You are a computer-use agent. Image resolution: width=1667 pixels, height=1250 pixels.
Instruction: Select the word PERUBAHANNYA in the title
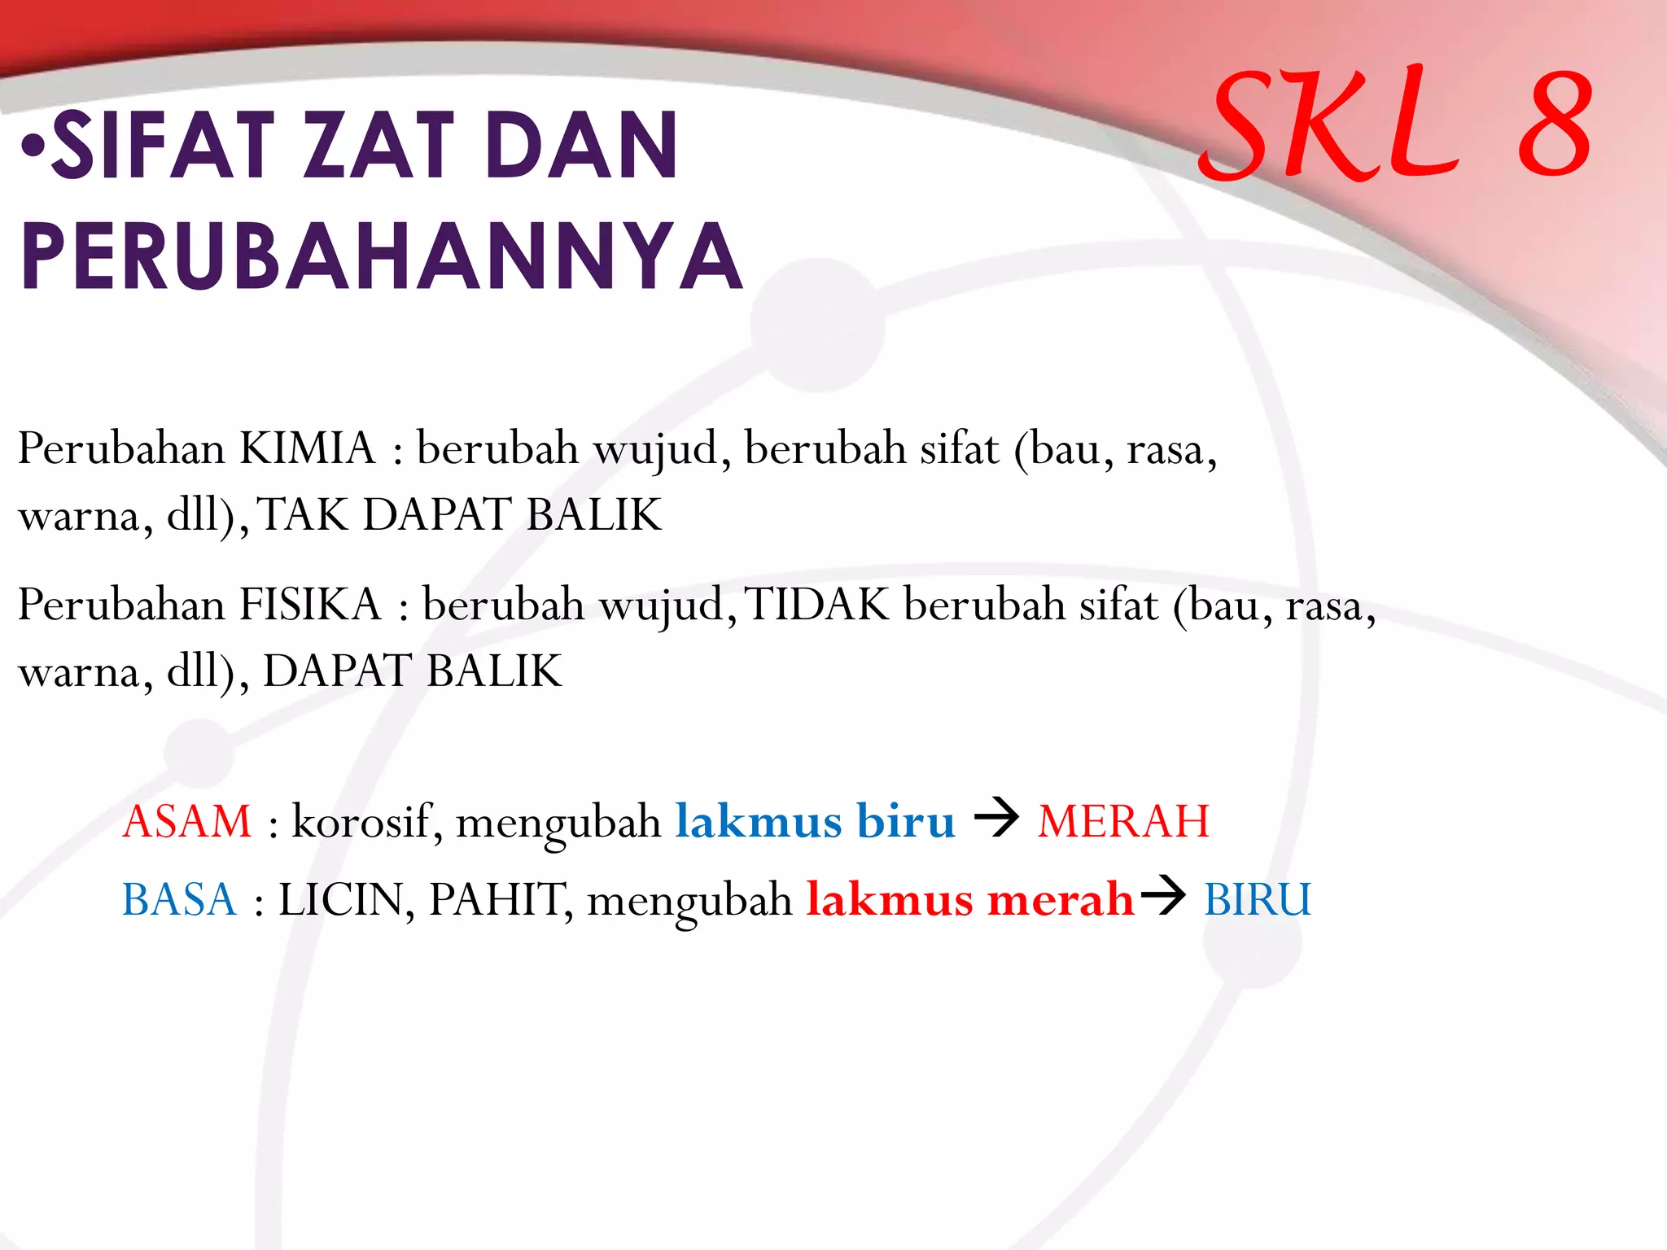point(381,256)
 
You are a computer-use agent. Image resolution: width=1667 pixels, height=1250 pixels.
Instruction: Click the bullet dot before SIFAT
point(33,148)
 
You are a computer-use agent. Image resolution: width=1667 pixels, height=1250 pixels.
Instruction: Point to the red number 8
point(1555,124)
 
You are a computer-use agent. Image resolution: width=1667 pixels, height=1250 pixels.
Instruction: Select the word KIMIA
point(307,448)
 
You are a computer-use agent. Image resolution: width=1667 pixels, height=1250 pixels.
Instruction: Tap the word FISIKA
point(310,605)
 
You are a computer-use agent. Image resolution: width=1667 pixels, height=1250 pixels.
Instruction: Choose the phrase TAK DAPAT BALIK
point(460,514)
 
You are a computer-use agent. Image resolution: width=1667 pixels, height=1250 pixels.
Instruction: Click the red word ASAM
point(187,820)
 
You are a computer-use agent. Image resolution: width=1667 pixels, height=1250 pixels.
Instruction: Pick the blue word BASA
point(179,899)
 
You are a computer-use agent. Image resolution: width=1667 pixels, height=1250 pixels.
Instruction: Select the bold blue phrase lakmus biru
point(815,820)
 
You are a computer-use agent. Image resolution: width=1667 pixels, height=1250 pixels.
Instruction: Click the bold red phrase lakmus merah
point(969,899)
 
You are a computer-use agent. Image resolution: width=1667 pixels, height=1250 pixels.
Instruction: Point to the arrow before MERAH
point(996,817)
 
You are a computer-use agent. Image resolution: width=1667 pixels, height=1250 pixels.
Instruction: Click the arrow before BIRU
point(1163,896)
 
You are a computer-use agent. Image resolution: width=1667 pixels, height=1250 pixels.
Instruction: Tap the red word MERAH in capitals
point(1123,820)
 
